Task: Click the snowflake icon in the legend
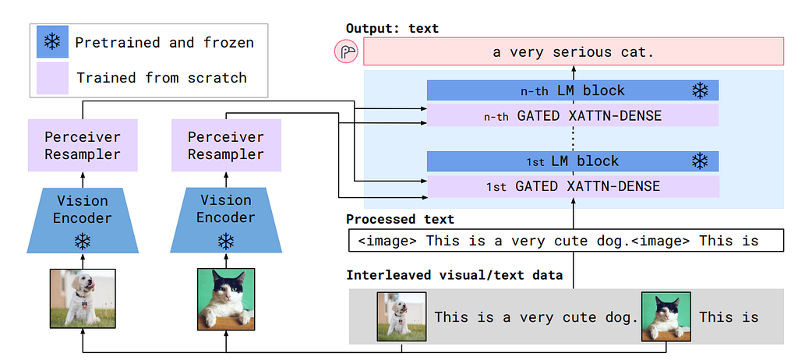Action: [x=52, y=42]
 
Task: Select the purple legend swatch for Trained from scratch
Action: [x=52, y=78]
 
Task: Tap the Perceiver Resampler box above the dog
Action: [x=83, y=145]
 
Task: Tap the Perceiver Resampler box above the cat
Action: [x=226, y=145]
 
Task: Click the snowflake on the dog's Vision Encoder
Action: [x=82, y=241]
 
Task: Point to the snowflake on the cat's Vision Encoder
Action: [x=226, y=241]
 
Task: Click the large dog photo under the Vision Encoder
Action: [x=83, y=298]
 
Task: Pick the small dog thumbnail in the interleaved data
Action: [x=401, y=316]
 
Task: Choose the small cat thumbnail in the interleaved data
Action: [x=666, y=316]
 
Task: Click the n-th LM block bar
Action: [x=573, y=90]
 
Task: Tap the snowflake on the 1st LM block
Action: [x=701, y=161]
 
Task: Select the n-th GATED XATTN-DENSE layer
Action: [x=573, y=115]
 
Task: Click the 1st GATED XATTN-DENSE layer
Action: [x=573, y=186]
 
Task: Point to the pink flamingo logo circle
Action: [x=346, y=52]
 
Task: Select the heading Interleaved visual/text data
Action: [x=454, y=276]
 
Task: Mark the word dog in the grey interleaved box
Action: [x=624, y=318]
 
